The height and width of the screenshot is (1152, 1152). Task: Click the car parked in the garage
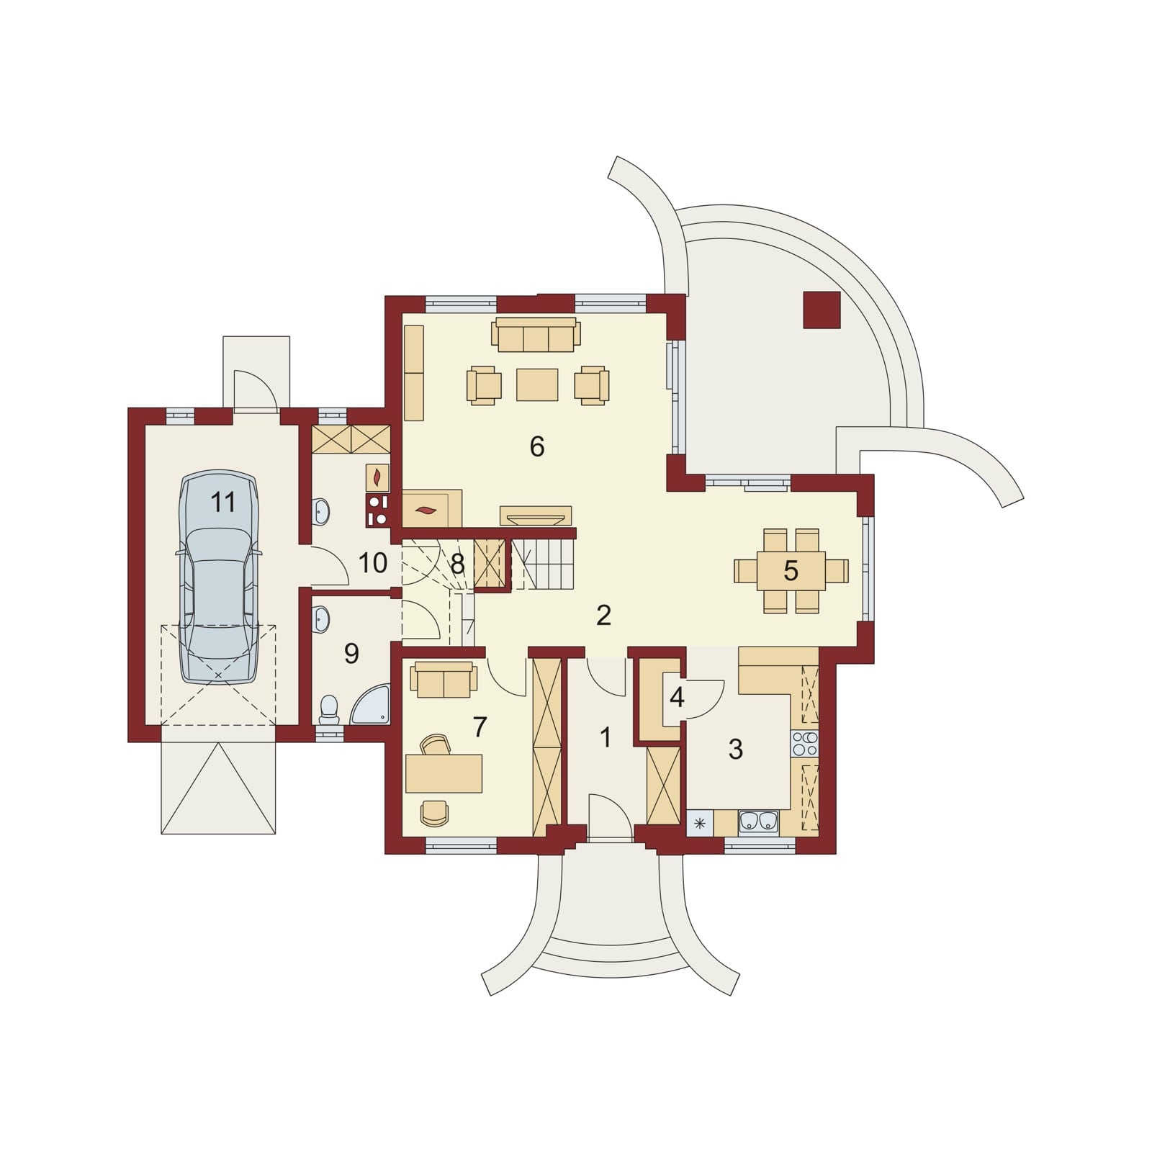point(220,577)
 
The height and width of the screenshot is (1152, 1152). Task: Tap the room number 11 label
point(223,503)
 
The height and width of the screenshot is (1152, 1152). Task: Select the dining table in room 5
point(791,571)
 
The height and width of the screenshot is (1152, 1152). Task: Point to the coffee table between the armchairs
point(537,384)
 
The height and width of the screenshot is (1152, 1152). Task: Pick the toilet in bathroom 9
point(329,709)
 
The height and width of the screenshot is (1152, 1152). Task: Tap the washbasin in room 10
point(322,512)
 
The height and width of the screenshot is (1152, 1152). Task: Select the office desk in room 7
point(444,773)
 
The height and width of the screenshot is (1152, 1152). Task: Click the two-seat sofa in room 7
point(444,680)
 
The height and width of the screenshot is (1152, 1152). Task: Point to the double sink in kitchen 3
point(759,822)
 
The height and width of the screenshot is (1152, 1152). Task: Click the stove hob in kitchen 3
point(805,743)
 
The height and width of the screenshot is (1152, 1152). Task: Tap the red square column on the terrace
point(822,310)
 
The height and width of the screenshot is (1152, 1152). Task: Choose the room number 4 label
point(676,697)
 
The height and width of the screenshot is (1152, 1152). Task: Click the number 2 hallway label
point(603,615)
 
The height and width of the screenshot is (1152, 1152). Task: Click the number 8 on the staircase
point(457,564)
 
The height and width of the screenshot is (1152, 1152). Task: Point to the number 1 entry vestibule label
point(606,737)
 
